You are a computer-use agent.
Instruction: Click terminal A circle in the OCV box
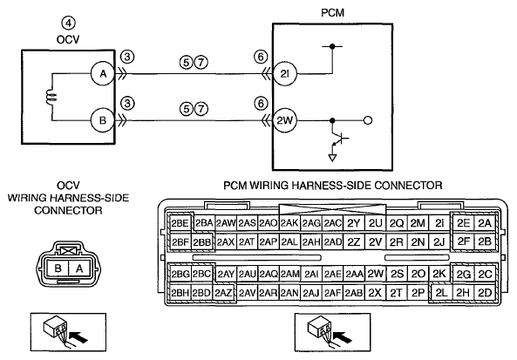coord(103,73)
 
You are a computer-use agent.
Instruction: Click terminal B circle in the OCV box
coord(103,120)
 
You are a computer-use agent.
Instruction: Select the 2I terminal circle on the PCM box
coord(285,74)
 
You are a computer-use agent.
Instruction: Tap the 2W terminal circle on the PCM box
coord(285,120)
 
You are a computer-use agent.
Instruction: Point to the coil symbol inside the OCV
coord(52,98)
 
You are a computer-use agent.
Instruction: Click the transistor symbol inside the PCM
coord(338,139)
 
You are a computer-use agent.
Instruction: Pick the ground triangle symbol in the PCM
coord(332,158)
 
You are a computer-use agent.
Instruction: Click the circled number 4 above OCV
coord(68,23)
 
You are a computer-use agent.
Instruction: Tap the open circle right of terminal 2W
coord(368,120)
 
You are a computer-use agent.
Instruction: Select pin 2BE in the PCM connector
coord(180,223)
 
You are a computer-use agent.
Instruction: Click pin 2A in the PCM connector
coord(485,223)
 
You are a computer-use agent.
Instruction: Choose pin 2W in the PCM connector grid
coord(375,274)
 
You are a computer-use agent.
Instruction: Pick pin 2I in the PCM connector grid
coord(439,223)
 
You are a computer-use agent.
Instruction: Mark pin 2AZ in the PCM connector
coord(224,293)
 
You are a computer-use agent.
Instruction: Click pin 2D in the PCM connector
coord(485,293)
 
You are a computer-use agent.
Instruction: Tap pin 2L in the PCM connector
coord(441,293)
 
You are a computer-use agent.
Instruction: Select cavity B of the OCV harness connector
coord(58,268)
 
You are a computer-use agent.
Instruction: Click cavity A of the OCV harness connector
coord(79,268)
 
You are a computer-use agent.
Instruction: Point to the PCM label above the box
coord(332,12)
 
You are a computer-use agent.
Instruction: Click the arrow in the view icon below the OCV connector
coord(80,336)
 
